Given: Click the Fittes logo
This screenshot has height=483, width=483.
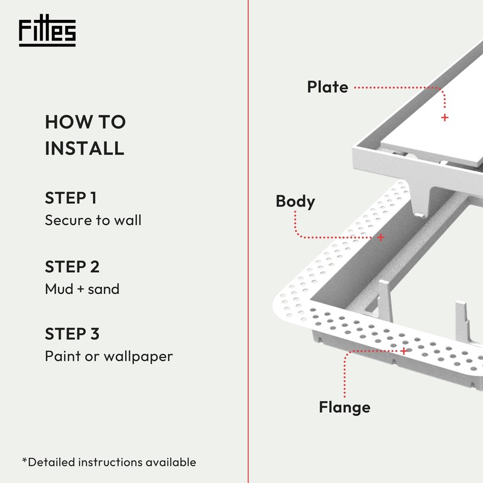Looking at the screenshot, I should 47,33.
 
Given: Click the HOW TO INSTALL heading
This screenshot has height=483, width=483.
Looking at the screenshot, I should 85,135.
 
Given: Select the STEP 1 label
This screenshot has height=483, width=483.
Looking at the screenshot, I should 71,198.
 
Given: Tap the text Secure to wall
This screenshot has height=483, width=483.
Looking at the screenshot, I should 93,220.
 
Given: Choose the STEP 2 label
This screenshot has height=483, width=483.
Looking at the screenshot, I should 72,266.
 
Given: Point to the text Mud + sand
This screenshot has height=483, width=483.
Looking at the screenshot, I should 82,289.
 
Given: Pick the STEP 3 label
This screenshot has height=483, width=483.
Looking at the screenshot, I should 72,334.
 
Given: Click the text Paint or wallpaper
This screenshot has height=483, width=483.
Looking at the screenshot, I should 109,356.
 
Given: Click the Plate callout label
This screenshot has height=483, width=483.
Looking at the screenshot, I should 327,87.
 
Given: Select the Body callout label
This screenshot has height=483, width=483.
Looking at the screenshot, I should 295,201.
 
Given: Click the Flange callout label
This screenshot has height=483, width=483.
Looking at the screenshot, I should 344,408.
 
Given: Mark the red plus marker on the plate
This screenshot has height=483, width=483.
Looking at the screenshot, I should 445,118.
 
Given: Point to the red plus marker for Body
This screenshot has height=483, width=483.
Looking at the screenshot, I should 380,237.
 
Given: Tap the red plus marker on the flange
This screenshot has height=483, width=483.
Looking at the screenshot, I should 404,350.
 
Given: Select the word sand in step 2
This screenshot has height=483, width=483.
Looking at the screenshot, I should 105,289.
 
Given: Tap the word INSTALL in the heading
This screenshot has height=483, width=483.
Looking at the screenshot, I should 85,148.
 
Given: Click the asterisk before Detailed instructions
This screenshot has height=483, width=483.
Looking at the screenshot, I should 25,461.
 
